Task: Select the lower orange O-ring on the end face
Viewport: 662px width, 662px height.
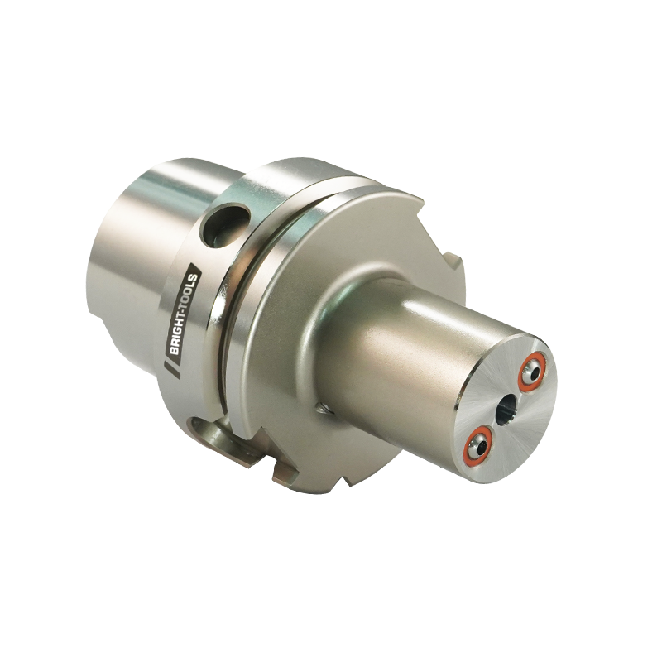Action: pyautogui.click(x=478, y=442)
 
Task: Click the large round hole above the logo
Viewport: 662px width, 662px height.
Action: pyautogui.click(x=225, y=224)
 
